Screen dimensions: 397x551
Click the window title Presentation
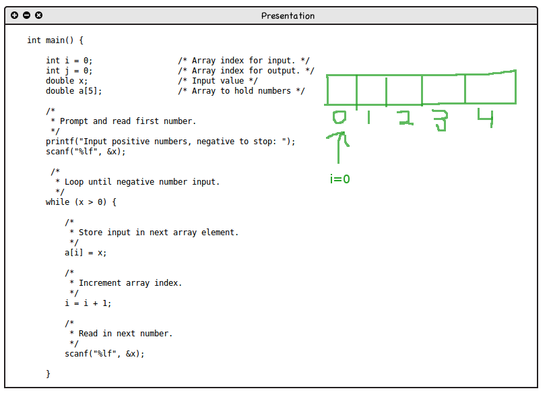click(x=288, y=16)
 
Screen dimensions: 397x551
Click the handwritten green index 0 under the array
click(x=339, y=118)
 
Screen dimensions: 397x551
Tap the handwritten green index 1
click(x=369, y=118)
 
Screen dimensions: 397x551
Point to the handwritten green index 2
click(x=403, y=119)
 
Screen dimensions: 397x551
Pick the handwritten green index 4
click(x=485, y=118)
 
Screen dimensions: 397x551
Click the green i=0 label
click(x=340, y=179)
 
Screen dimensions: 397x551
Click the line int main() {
click(x=55, y=40)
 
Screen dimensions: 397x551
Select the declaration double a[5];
click(x=74, y=91)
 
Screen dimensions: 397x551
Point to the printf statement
click(x=170, y=142)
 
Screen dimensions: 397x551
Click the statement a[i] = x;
click(x=86, y=253)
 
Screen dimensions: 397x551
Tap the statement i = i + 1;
click(x=88, y=303)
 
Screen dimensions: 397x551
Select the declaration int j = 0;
click(x=69, y=71)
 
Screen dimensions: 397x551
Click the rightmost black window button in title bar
click(x=38, y=15)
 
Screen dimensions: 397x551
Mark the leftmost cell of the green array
click(x=342, y=90)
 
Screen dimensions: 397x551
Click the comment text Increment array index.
click(x=130, y=283)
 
